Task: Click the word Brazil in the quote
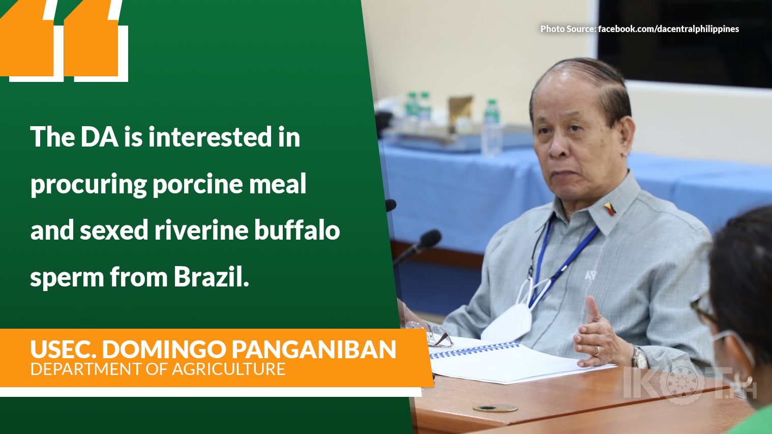pos(211,277)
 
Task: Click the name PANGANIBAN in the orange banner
pos(314,350)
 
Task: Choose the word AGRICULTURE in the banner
pos(228,369)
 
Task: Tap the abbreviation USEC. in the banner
pos(63,350)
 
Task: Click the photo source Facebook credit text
pos(639,29)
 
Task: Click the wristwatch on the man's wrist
pos(639,357)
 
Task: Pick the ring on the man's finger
pos(597,350)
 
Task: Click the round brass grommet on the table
pos(495,408)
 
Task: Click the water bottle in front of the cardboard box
pos(491,127)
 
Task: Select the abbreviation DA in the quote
pos(99,137)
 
